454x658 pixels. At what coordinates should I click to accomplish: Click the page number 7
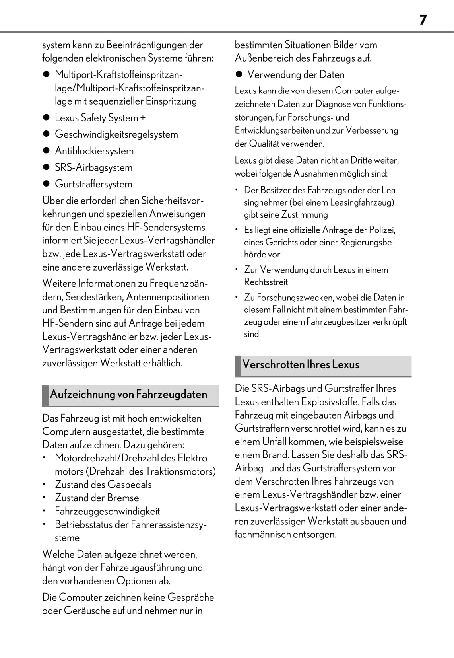coord(423,20)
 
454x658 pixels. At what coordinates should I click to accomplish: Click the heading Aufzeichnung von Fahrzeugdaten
coord(128,395)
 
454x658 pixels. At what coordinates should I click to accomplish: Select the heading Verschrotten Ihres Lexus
coord(301,364)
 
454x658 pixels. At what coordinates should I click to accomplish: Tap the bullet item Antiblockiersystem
coord(94,151)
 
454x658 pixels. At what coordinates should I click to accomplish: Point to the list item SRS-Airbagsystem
coord(93,167)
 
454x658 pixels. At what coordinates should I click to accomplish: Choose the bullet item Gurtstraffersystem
coord(93,184)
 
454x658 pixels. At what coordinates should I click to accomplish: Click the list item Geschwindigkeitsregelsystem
coord(116,134)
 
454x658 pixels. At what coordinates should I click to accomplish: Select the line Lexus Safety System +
coord(100,118)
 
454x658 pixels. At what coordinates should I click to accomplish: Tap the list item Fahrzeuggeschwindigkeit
coord(107,511)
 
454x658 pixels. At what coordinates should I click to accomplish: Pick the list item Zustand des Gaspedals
coord(103,485)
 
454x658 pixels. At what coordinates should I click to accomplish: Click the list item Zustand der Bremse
coord(97,498)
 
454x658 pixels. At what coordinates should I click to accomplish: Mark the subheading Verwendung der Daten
coord(296,74)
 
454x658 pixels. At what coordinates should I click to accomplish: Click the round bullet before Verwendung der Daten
coord(239,74)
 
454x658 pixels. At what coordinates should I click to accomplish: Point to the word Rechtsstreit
coord(266,282)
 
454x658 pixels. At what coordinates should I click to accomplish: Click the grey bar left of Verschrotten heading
coord(238,366)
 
